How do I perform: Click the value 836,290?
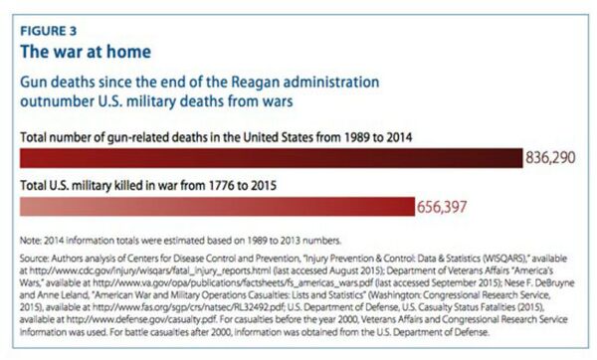click(554, 158)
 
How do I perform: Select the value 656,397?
click(446, 207)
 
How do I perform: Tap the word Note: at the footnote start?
click(32, 240)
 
